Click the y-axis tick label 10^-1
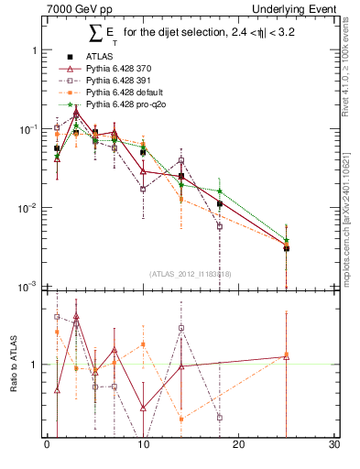pos(28,129)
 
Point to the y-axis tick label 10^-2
pos(28,208)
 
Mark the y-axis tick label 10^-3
pos(28,287)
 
